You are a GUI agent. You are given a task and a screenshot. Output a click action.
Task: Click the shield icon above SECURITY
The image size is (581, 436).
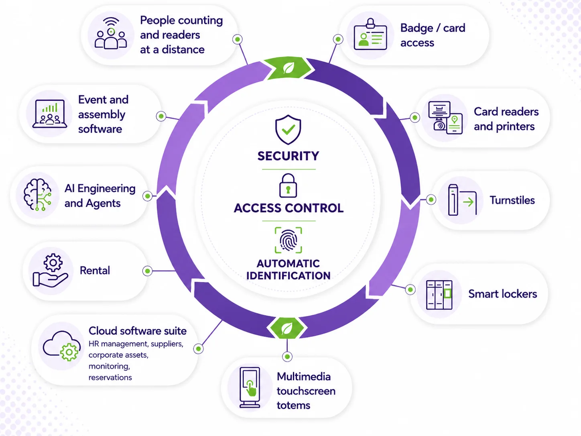point(288,129)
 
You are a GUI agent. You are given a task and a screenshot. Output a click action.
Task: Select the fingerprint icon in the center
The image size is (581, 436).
point(288,240)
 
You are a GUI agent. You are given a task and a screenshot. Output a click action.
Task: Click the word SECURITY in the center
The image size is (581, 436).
point(288,156)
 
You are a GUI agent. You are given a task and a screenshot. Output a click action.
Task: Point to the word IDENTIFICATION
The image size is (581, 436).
point(288,275)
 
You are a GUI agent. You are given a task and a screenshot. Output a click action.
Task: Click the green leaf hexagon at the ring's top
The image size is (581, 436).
point(288,68)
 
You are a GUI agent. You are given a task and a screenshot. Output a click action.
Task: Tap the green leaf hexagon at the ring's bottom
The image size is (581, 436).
point(287,328)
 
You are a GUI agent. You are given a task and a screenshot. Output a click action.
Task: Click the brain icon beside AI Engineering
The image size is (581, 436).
point(37,195)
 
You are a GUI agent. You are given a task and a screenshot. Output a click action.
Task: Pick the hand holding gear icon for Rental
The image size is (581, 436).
point(50,271)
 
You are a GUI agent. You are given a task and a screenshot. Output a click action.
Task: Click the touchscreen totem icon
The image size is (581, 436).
point(250,387)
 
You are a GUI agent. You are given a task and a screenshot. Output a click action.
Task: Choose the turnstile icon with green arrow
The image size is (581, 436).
point(462,200)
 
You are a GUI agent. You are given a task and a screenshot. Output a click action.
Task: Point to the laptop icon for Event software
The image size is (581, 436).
point(49,114)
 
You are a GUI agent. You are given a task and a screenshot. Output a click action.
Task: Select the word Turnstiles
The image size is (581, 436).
point(512,200)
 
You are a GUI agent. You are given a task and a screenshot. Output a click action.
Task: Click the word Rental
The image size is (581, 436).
point(95,271)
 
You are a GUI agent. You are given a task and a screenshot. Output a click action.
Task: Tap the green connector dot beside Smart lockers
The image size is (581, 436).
point(410,289)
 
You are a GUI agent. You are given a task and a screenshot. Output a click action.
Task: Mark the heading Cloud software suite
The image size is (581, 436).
point(137,331)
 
